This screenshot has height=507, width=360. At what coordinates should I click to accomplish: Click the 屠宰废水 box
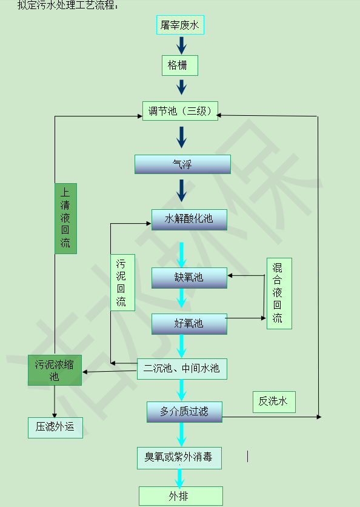pos(180,25)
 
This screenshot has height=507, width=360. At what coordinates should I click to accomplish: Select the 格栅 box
pos(179,65)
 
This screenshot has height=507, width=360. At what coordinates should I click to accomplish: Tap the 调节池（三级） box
pos(180,111)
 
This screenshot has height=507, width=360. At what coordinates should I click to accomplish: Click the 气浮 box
pos(182,164)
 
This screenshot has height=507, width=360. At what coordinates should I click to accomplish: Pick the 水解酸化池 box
pos(189,220)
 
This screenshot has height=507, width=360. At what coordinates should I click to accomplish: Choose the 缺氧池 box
pos(189,278)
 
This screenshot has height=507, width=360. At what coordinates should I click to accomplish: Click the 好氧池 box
pos(189,324)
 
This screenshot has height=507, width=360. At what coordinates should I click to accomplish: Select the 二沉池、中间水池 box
pos(182,369)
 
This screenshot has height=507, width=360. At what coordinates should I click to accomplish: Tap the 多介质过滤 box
pos(184,412)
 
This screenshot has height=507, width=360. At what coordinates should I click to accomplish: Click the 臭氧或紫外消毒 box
pos(179,458)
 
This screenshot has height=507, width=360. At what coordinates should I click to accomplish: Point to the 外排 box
pos(181,496)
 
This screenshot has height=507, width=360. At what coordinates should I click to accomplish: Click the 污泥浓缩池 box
pos(55,370)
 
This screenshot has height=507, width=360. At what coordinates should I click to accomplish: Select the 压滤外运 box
pos(55,428)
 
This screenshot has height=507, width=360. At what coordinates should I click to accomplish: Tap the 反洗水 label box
pos(274,402)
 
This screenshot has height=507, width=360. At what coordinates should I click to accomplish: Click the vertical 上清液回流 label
pos(65,218)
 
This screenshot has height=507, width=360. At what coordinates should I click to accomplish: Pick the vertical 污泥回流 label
pos(122,283)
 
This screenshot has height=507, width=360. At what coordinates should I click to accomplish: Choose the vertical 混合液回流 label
pos(279,294)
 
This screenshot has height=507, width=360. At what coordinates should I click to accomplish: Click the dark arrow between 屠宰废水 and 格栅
pos(182,45)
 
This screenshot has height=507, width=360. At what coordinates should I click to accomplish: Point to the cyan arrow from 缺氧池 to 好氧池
pos(182,298)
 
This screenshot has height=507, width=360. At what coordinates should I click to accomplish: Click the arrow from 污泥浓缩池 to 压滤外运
pos(55,401)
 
